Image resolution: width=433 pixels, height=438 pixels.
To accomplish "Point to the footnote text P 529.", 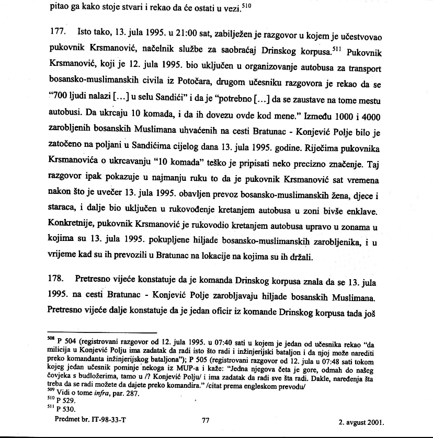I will [x=62, y=401].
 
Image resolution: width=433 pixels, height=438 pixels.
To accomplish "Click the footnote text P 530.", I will [x=62, y=409].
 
